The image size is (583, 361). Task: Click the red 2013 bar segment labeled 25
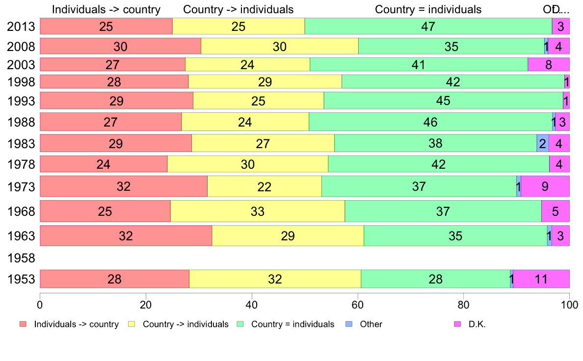[x=106, y=26]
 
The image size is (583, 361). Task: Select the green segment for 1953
[x=435, y=279]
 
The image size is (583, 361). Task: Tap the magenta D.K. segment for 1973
[x=545, y=187]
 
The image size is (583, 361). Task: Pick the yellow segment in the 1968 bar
[x=257, y=211]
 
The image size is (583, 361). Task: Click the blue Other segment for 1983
[x=542, y=143]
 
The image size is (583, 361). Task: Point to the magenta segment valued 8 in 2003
[x=548, y=64]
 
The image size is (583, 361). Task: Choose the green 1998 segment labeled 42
[x=452, y=81]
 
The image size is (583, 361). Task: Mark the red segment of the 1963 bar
[x=126, y=236]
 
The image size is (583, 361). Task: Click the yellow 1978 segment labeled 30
[x=247, y=164]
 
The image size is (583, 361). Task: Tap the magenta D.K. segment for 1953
[x=541, y=279]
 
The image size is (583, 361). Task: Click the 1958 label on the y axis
[x=21, y=258]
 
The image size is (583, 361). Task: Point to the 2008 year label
[x=21, y=47]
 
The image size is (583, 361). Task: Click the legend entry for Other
[x=371, y=324]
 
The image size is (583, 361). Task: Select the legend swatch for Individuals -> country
[x=23, y=324]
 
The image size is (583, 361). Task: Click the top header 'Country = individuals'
[x=428, y=9]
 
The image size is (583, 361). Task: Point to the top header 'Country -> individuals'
[x=238, y=9]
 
